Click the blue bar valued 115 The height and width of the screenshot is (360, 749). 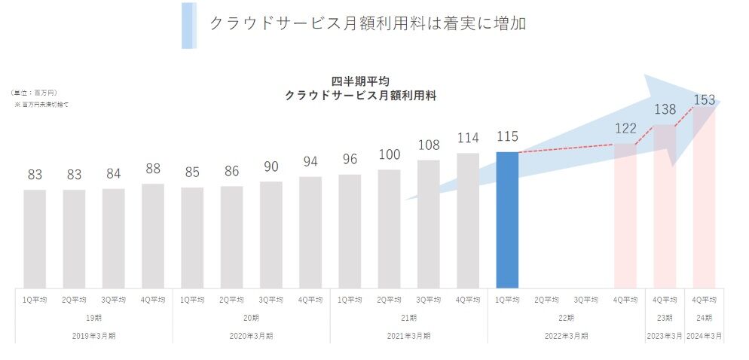[507, 220]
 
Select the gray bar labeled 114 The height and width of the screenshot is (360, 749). [468, 220]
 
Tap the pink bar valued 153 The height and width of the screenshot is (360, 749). [704, 197]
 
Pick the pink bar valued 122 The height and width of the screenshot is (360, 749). [625, 215]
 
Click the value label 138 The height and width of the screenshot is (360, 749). [665, 110]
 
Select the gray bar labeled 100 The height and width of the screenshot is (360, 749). [389, 228]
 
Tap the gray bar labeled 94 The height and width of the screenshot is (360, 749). [310, 232]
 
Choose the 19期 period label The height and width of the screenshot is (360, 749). [94, 317]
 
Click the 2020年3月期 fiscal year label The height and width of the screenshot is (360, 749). [251, 335]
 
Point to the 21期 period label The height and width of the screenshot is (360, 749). [408, 317]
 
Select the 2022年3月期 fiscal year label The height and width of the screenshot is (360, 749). [566, 335]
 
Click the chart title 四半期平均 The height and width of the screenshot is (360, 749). [360, 81]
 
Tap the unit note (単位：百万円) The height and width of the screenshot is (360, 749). [34, 93]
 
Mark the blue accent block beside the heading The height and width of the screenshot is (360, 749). [188, 26]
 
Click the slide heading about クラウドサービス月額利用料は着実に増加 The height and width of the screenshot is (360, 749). [367, 23]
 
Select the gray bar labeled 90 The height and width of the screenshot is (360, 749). [271, 234]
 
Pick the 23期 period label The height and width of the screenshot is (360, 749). [665, 317]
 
